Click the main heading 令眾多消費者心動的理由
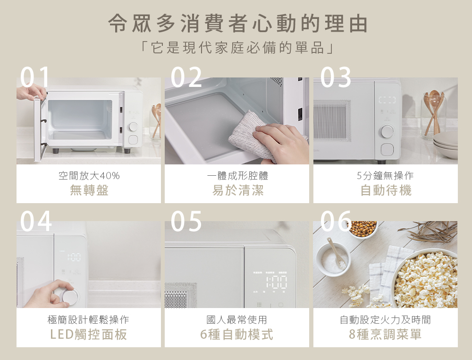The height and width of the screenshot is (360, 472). (238, 23)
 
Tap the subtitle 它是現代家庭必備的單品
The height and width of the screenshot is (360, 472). (237, 48)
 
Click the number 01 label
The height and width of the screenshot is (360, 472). (34, 77)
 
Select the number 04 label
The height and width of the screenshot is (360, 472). (36, 221)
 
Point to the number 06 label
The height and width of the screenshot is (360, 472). (336, 221)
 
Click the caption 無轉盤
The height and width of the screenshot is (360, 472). (89, 190)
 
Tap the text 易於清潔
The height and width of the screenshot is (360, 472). (238, 190)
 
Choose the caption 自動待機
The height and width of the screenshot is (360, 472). (386, 190)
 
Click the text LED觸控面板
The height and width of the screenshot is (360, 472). (89, 334)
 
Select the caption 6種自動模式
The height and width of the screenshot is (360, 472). (236, 334)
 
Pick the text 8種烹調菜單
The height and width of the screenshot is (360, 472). (385, 334)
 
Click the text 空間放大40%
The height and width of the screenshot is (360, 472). (89, 175)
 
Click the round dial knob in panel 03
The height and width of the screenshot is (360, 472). (387, 132)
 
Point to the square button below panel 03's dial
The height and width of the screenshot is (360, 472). (387, 149)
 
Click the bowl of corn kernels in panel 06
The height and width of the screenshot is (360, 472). (362, 229)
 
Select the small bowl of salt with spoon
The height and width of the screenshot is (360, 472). (334, 259)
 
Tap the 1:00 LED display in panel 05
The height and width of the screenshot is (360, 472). (276, 282)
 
